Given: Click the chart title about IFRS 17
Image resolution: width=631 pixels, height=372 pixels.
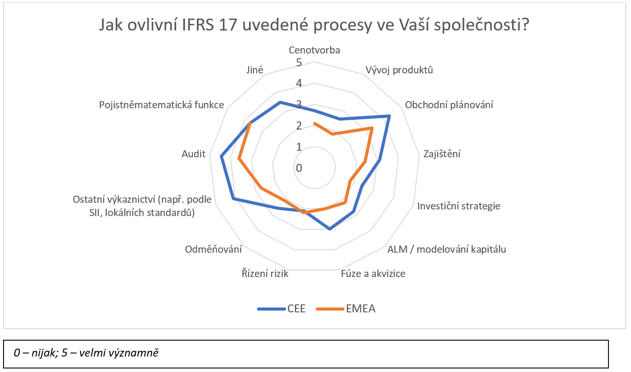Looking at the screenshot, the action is (314, 25).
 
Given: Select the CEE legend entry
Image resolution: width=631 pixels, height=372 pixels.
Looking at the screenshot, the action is (281, 309).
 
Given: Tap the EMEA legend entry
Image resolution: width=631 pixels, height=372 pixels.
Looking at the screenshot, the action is (346, 309).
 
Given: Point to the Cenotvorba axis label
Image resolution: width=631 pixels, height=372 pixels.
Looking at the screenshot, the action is (314, 50).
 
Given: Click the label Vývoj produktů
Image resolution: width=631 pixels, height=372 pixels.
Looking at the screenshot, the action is (399, 70).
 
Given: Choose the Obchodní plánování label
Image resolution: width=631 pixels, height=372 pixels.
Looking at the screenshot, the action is (449, 105).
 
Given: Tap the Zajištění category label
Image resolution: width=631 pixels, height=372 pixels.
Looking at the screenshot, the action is (442, 154).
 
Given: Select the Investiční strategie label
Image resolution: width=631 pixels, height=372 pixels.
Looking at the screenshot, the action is (459, 206).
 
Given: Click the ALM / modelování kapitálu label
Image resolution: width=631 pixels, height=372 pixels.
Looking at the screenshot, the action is (447, 249).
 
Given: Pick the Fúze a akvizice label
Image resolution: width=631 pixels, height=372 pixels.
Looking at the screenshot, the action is (373, 273).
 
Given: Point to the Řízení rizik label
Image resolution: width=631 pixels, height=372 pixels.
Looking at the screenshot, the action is (265, 273).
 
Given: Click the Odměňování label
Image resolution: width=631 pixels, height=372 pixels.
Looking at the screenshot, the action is (213, 249).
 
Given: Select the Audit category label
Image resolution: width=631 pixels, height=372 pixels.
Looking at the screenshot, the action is (194, 154).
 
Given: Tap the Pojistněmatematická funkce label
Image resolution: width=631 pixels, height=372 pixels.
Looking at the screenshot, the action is (161, 105).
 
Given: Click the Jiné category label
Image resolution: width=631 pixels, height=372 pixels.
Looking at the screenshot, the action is (254, 70).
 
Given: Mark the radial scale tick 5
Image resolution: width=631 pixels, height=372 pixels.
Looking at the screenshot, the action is (299, 62).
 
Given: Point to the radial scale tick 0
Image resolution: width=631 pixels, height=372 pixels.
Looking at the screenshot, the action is (299, 168).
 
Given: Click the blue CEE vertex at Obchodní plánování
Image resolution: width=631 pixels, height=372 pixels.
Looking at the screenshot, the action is (389, 116).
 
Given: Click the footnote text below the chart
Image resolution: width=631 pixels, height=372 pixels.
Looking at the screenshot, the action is (86, 353).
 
